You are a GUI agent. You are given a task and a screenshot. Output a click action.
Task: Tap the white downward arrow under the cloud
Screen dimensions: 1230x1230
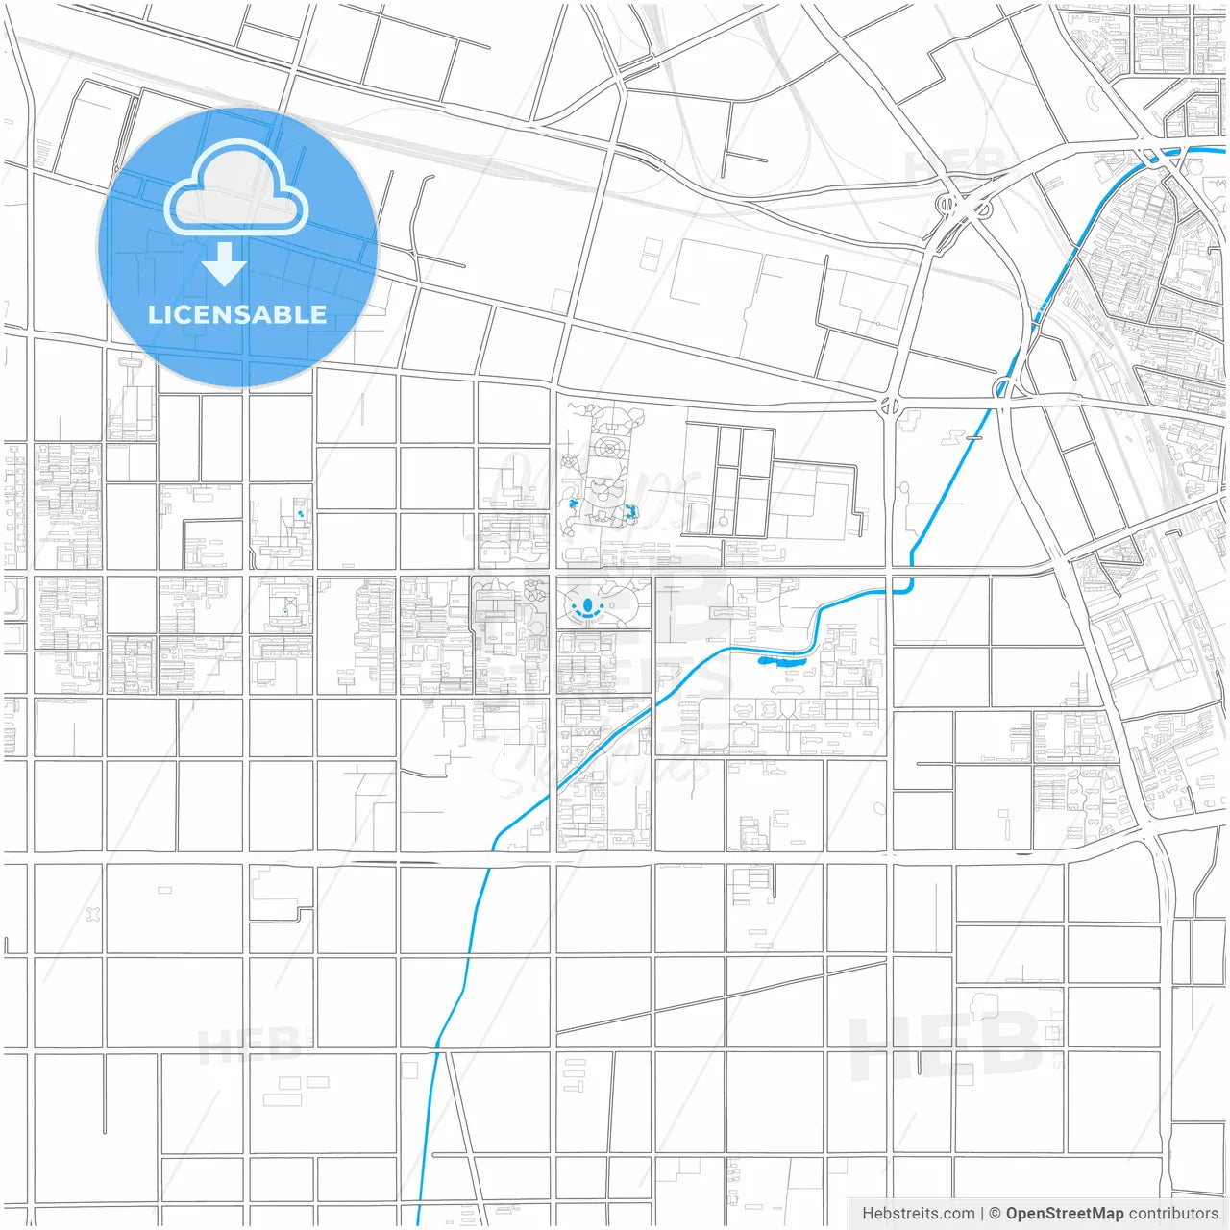pyautogui.click(x=224, y=263)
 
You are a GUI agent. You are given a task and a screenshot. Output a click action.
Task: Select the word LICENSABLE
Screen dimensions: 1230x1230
pyautogui.click(x=236, y=314)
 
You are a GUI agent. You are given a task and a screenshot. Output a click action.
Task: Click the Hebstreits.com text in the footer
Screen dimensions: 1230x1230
pyautogui.click(x=918, y=1214)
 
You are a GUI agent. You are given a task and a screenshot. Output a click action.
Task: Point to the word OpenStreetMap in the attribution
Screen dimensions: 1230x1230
pyautogui.click(x=1064, y=1214)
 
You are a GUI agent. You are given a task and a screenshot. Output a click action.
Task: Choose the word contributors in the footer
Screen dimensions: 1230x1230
pyautogui.click(x=1173, y=1214)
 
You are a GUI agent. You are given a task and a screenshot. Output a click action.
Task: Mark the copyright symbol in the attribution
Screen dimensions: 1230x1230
pyautogui.click(x=995, y=1214)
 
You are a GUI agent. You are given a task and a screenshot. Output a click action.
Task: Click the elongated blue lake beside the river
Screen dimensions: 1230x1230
pyautogui.click(x=782, y=660)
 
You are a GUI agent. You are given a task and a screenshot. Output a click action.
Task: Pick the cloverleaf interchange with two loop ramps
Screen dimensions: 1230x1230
pyautogui.click(x=955, y=205)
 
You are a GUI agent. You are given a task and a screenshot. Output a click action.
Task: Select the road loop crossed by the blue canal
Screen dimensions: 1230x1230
pyautogui.click(x=1007, y=387)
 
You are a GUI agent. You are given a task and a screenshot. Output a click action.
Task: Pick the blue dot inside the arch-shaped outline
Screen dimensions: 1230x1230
pyautogui.click(x=285, y=610)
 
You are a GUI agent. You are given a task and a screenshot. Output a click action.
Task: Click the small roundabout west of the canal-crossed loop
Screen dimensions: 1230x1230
pyautogui.click(x=890, y=406)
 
